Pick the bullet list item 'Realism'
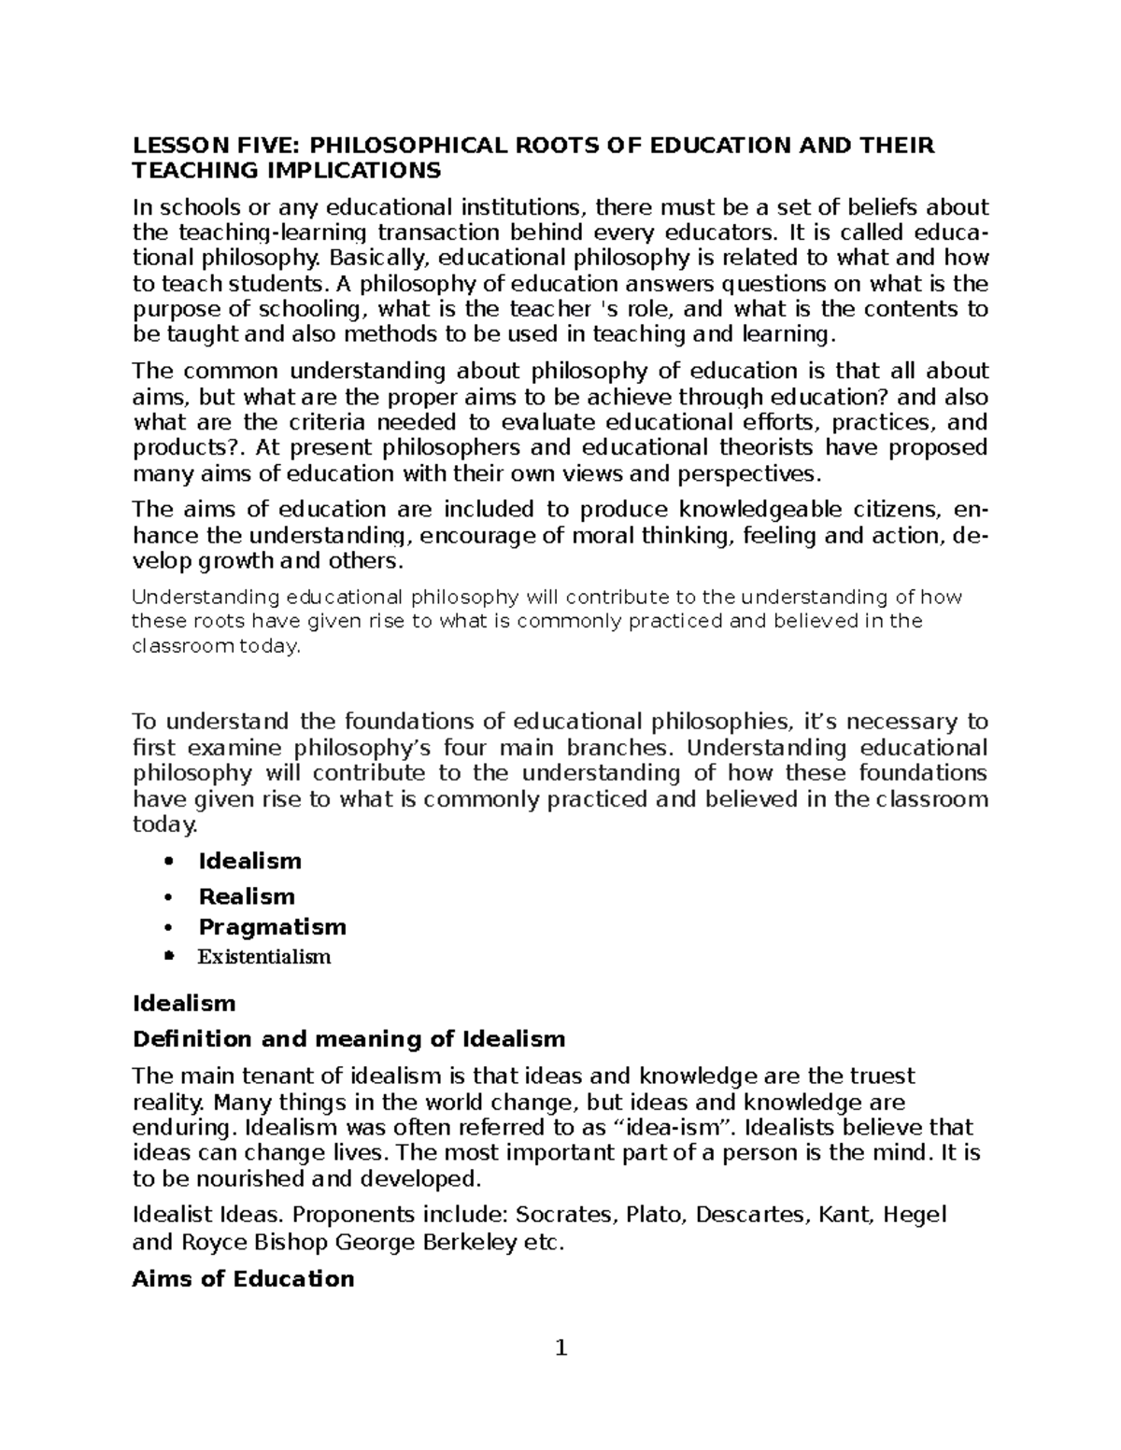(247, 896)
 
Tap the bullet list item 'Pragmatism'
(272, 927)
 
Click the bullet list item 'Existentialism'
(264, 957)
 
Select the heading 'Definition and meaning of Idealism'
(349, 1039)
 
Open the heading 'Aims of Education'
(243, 1279)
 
